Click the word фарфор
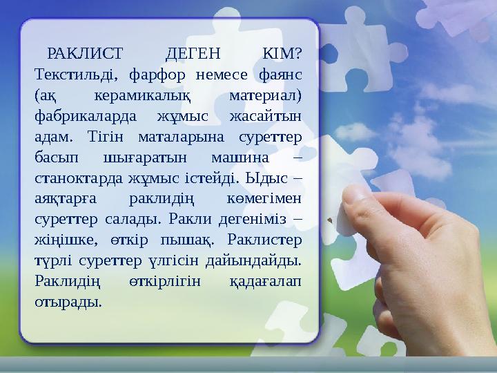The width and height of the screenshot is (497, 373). (x=161, y=73)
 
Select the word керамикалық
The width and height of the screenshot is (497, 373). (x=150, y=91)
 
